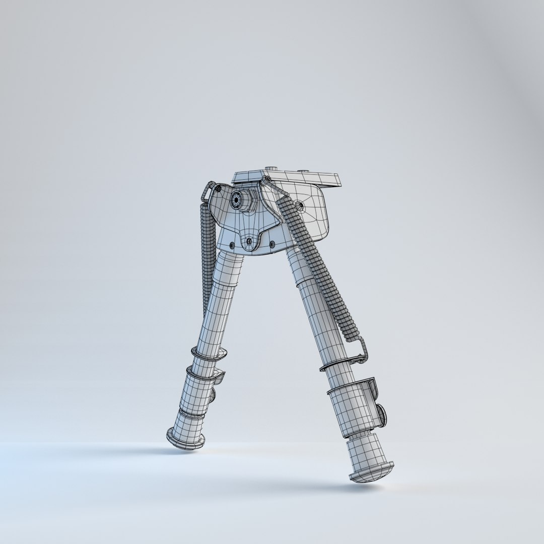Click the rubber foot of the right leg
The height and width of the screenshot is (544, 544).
372,473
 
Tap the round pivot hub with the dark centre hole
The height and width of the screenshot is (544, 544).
236,200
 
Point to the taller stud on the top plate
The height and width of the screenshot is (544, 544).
273,170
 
